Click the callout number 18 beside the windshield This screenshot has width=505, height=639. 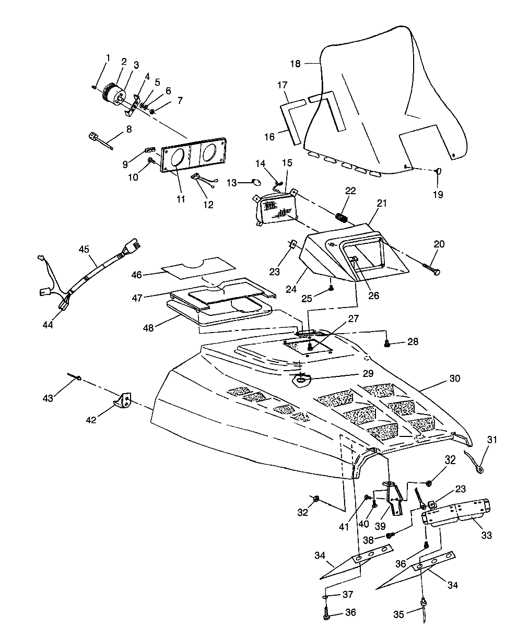coord(296,64)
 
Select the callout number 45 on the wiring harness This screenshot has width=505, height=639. coord(84,249)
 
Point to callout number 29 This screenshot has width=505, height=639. coord(368,373)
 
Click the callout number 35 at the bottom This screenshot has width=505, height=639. coord(399,614)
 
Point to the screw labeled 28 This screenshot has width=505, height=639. coord(387,342)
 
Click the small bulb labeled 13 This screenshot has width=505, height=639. coord(257,182)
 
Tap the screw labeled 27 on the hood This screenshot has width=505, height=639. coord(310,346)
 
